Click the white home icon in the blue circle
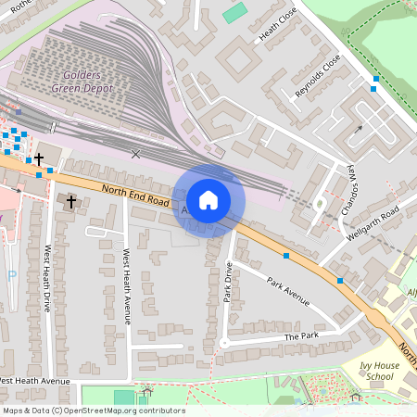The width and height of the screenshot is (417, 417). [208, 199]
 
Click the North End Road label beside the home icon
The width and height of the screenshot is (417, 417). [135, 195]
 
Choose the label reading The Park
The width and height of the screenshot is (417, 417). [301, 336]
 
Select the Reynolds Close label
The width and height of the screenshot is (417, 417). [318, 76]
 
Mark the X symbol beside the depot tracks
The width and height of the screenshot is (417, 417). [136, 154]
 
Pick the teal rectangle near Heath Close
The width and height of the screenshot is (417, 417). [235, 13]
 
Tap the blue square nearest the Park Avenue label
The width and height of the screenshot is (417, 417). [286, 255]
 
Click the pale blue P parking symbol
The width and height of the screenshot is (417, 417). [11, 275]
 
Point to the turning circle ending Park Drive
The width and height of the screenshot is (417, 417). [224, 343]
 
